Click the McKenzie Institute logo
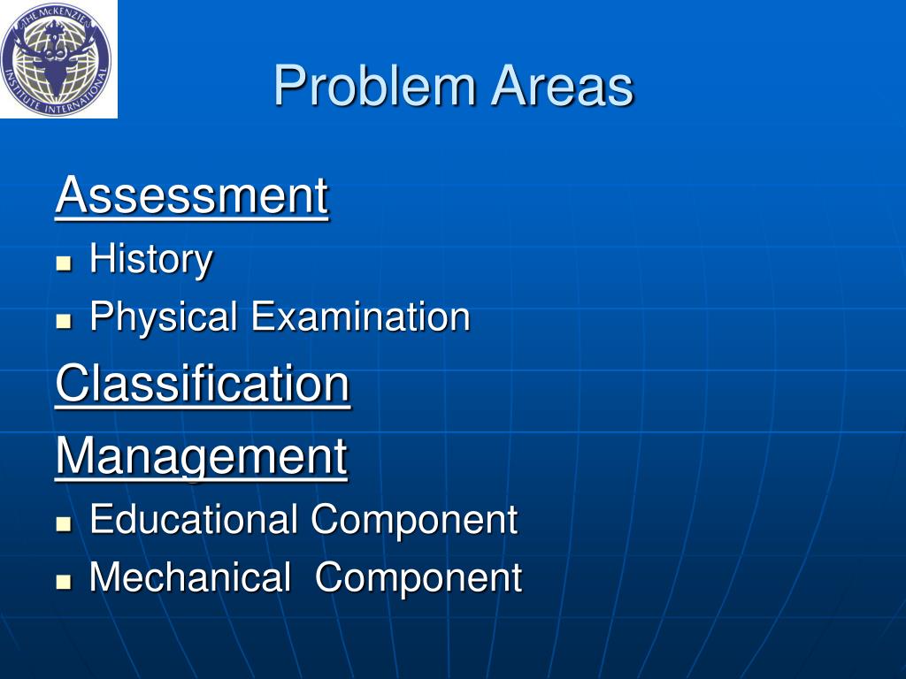pos(58,58)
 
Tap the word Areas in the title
pos(563,87)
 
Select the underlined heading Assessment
pos(191,195)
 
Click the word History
pos(151,260)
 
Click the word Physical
pos(164,317)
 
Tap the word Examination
pos(360,317)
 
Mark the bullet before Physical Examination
pos(63,321)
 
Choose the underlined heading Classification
pos(203,385)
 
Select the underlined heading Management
pos(201,456)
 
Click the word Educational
pos(194,519)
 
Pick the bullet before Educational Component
pos(63,523)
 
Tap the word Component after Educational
pos(413,521)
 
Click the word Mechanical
pos(190,577)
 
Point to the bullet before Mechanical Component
pos(63,582)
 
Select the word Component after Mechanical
pos(418,579)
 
